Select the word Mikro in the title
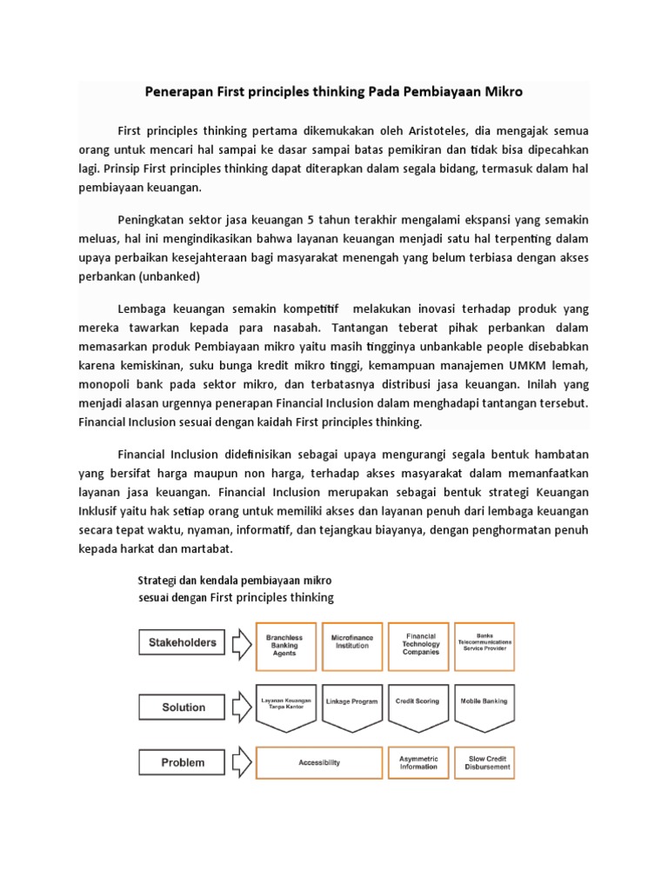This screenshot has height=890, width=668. coord(504,91)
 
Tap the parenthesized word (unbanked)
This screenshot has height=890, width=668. coord(169,276)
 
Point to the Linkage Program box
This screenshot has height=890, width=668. coord(352,701)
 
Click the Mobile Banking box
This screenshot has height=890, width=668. coord(484,701)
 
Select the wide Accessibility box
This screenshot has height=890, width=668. coord(318,762)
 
